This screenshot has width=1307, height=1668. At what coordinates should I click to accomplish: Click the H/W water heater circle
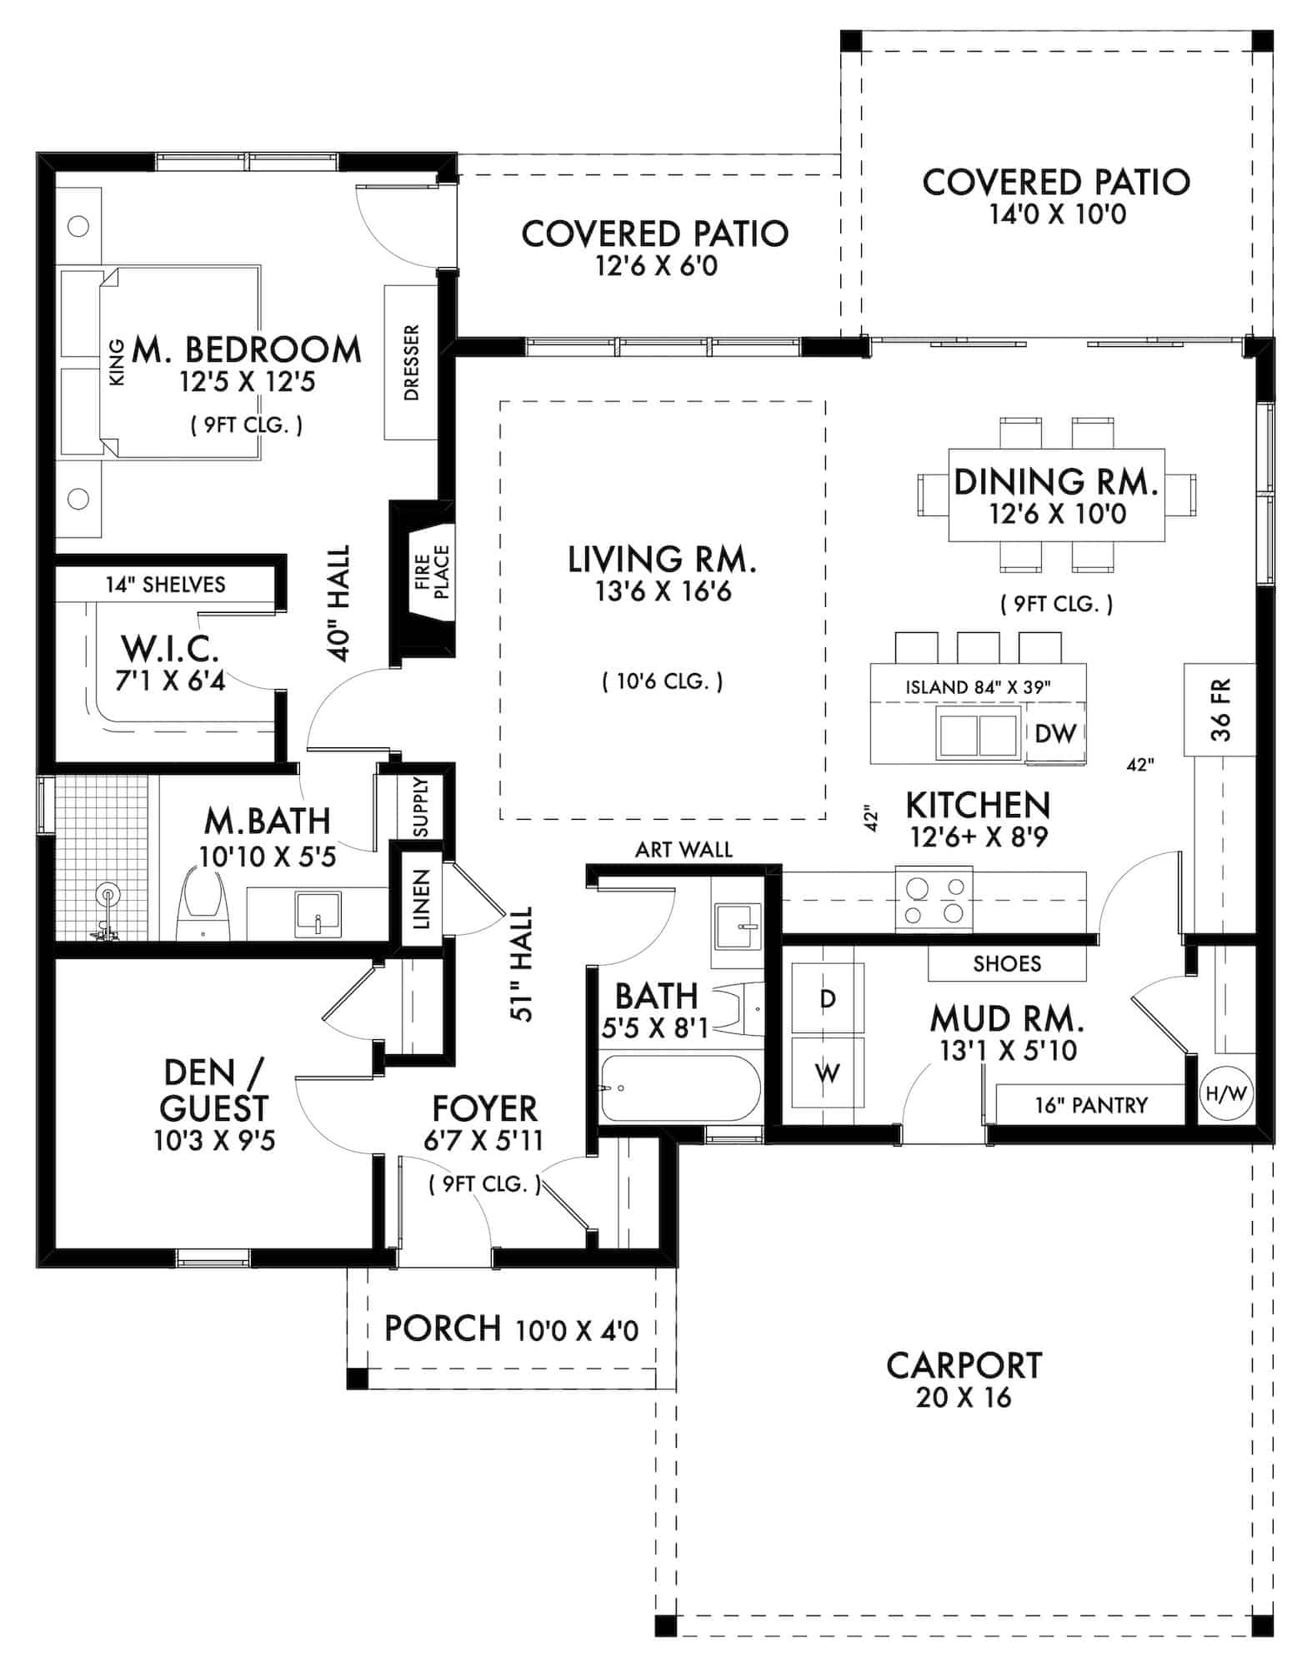[1223, 1093]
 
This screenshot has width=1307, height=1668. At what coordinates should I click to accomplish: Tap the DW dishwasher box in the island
[1055, 733]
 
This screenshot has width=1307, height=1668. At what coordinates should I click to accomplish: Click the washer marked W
[827, 1073]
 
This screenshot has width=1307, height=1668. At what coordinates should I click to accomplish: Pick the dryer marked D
[827, 998]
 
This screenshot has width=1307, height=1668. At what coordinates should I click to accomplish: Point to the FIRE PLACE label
[432, 572]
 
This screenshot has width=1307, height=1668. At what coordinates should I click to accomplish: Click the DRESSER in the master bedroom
[411, 363]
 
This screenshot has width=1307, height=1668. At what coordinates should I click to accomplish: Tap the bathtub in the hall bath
[679, 1089]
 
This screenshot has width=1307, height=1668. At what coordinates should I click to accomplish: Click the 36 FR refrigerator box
[1219, 710]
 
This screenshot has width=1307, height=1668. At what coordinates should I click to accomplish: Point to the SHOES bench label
[1007, 964]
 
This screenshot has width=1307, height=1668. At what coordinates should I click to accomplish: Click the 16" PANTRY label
[1090, 1105]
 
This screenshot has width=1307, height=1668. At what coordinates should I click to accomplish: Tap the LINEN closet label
[421, 899]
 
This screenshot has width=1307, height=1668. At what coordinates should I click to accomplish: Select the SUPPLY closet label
[421, 807]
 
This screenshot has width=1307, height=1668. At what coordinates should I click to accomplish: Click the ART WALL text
[684, 849]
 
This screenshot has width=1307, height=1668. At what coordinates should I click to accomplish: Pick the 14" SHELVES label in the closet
[165, 585]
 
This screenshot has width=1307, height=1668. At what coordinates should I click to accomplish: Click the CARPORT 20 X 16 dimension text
[963, 1397]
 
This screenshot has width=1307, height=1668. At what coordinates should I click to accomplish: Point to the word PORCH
[443, 1329]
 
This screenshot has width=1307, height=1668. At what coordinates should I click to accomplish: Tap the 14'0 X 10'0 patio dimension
[1057, 214]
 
